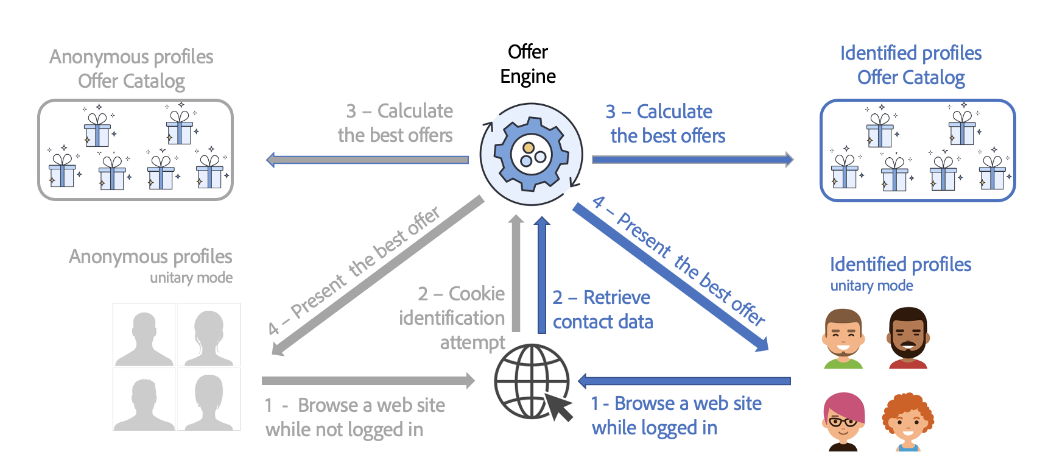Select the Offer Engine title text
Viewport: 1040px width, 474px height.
[528, 64]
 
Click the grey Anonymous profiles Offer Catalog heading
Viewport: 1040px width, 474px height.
[132, 69]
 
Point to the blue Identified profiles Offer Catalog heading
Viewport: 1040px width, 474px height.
[911, 65]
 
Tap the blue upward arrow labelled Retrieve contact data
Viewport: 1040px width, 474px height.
[542, 274]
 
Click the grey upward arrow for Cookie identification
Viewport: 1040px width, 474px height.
[516, 274]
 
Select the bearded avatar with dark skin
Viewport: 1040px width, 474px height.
[908, 338]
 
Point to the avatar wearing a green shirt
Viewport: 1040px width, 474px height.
[843, 338]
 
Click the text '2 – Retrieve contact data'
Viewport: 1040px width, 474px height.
[602, 310]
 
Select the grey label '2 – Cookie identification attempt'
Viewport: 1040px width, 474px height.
[454, 318]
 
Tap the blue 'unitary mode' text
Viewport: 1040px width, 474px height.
[871, 286]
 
